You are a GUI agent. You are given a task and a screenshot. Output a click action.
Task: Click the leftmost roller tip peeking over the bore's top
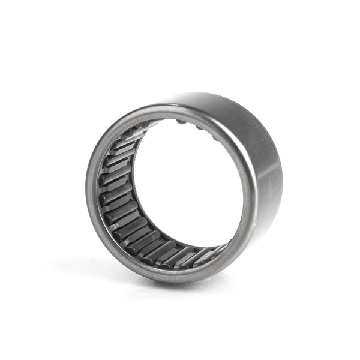pos(180,122)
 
